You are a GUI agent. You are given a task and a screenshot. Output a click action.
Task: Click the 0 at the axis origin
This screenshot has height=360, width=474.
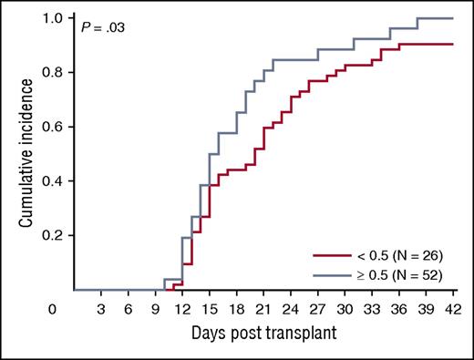click(x=54, y=309)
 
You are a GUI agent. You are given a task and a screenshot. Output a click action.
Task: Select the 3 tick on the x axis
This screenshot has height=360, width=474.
click(x=100, y=309)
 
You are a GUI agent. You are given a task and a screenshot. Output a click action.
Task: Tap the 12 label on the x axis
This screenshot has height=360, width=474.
click(x=181, y=309)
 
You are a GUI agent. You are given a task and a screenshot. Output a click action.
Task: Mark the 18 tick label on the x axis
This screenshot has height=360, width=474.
click(x=236, y=309)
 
